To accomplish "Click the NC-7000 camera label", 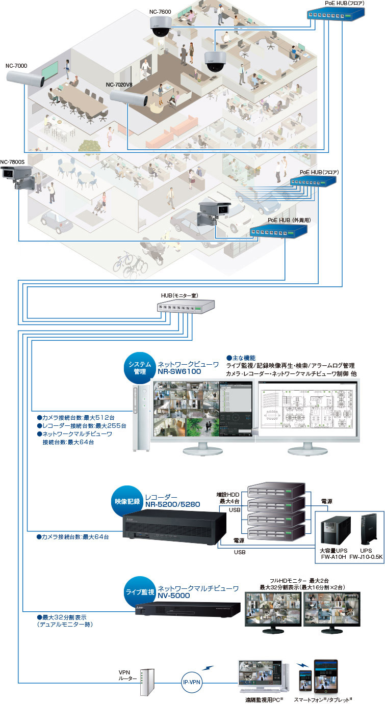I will [x=16, y=66].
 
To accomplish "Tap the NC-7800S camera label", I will [x=13, y=163].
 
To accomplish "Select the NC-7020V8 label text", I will [x=120, y=85].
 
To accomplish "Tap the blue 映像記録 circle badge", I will [x=127, y=502].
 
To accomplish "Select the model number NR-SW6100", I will [x=179, y=372].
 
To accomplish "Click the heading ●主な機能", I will [x=241, y=358].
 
